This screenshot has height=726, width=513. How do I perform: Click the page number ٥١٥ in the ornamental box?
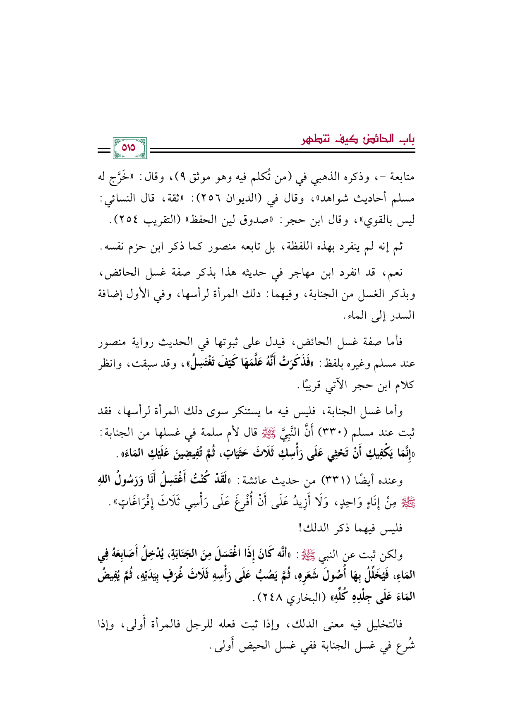(129, 148)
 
